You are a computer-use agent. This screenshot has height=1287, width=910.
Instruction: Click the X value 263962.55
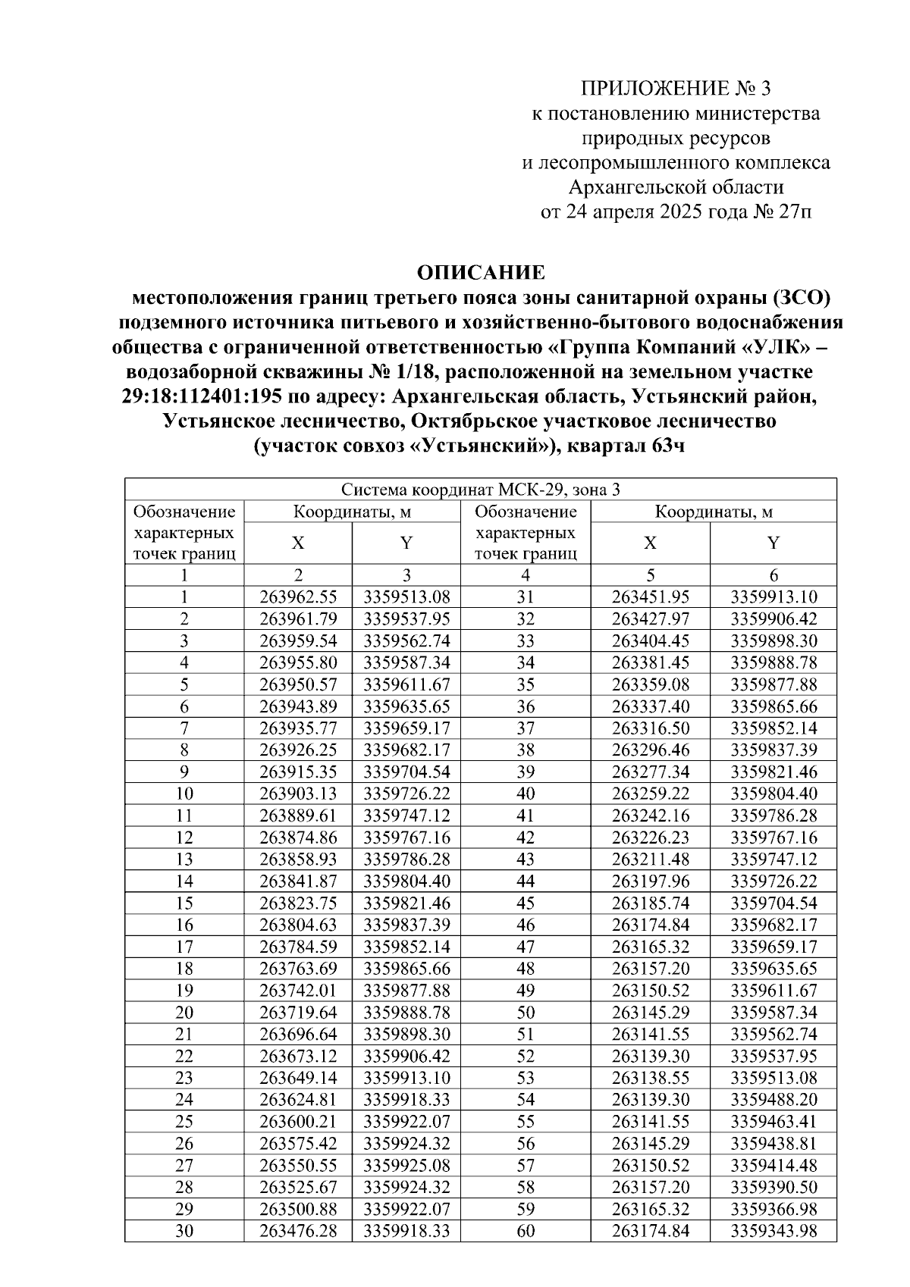pyautogui.click(x=298, y=597)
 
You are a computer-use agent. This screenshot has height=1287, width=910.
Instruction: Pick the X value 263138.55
pyautogui.click(x=650, y=1078)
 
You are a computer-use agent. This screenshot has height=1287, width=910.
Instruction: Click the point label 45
pyautogui.click(x=526, y=903)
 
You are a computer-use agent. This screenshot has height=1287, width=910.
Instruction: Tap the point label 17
pyautogui.click(x=184, y=947)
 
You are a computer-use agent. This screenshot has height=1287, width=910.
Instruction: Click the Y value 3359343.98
pyautogui.click(x=773, y=1231)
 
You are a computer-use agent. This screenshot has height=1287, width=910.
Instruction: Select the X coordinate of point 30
pyautogui.click(x=298, y=1231)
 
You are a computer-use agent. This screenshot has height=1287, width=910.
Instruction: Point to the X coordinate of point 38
pyautogui.click(x=650, y=750)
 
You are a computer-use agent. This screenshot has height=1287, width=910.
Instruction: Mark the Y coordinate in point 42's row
pyautogui.click(x=773, y=838)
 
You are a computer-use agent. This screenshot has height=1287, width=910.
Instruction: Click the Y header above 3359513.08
pyautogui.click(x=406, y=543)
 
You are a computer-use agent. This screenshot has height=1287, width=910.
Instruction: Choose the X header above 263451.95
pyautogui.click(x=650, y=543)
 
